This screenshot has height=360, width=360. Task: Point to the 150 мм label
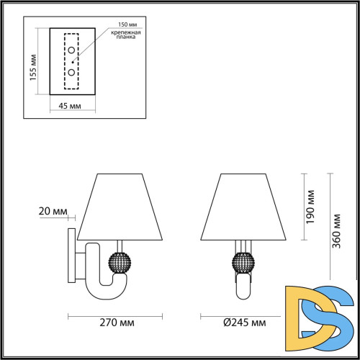point(119,24)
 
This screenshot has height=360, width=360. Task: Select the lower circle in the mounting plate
point(72,73)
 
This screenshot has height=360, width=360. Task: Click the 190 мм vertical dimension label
point(310,208)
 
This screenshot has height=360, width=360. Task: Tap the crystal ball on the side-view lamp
point(118,261)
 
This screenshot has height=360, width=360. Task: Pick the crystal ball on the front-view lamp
point(244,261)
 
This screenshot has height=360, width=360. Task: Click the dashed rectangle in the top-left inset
point(72,62)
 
